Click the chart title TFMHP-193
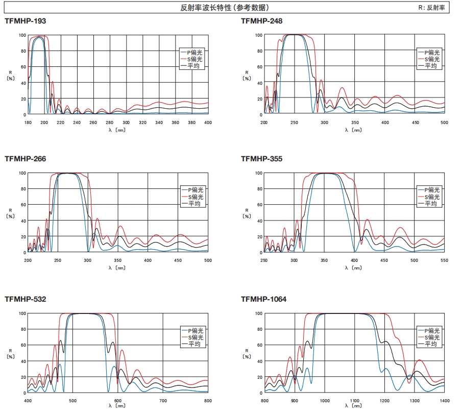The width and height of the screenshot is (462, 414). click(x=26, y=21)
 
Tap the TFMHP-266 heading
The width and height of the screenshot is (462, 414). click(x=26, y=159)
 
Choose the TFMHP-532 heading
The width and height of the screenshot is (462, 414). click(x=26, y=299)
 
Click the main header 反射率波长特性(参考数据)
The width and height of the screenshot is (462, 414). click(x=225, y=8)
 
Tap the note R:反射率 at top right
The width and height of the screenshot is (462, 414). click(x=432, y=8)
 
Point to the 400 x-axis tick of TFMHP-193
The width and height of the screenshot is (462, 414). click(x=208, y=123)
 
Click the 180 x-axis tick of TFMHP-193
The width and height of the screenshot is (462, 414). click(x=28, y=123)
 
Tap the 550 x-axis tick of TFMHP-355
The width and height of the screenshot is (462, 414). click(x=444, y=260)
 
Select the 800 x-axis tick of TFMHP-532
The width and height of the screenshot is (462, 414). click(x=208, y=401)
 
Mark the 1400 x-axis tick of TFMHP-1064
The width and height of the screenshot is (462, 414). click(x=444, y=401)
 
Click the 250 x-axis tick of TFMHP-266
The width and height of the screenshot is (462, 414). click(x=58, y=260)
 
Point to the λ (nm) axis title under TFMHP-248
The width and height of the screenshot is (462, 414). click(x=353, y=130)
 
